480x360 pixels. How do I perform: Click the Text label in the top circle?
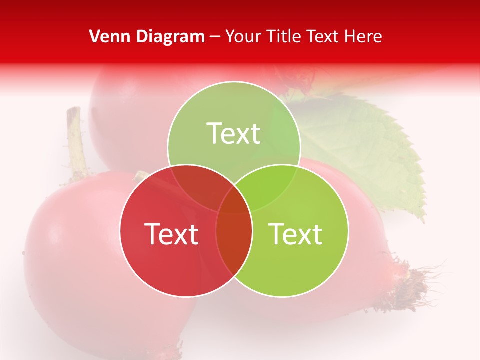click(x=234, y=134)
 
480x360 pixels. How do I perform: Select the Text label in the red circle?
click(x=171, y=234)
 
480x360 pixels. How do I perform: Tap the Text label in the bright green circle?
click(x=296, y=234)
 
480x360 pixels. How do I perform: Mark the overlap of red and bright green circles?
click(x=234, y=245)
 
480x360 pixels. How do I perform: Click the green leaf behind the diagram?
click(x=370, y=150)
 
